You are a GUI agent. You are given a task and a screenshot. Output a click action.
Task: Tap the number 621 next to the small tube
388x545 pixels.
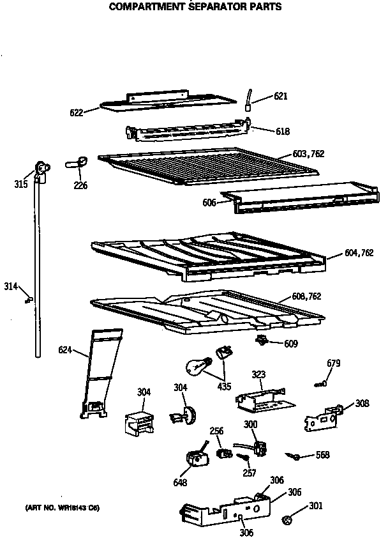(281, 96)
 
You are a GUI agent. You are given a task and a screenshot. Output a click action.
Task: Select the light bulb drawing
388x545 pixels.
(195, 366)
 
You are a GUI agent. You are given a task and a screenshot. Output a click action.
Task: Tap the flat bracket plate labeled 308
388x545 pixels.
(322, 420)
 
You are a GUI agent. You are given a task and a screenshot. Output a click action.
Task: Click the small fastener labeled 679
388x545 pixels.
(320, 384)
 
